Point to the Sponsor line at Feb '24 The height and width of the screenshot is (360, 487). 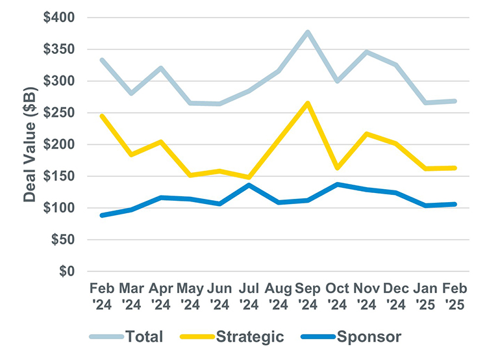[x=101, y=215]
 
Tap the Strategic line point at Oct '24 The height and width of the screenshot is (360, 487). [x=337, y=168]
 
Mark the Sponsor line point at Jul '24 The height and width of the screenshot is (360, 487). [x=249, y=185]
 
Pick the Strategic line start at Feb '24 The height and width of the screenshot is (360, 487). [x=101, y=116]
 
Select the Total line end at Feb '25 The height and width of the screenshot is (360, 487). [x=455, y=101]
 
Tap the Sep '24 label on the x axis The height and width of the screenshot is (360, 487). [x=307, y=296]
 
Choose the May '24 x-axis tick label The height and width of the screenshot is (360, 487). [x=190, y=296]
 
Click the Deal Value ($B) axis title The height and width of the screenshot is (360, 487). [x=29, y=144]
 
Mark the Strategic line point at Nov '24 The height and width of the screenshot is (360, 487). [x=367, y=134]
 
